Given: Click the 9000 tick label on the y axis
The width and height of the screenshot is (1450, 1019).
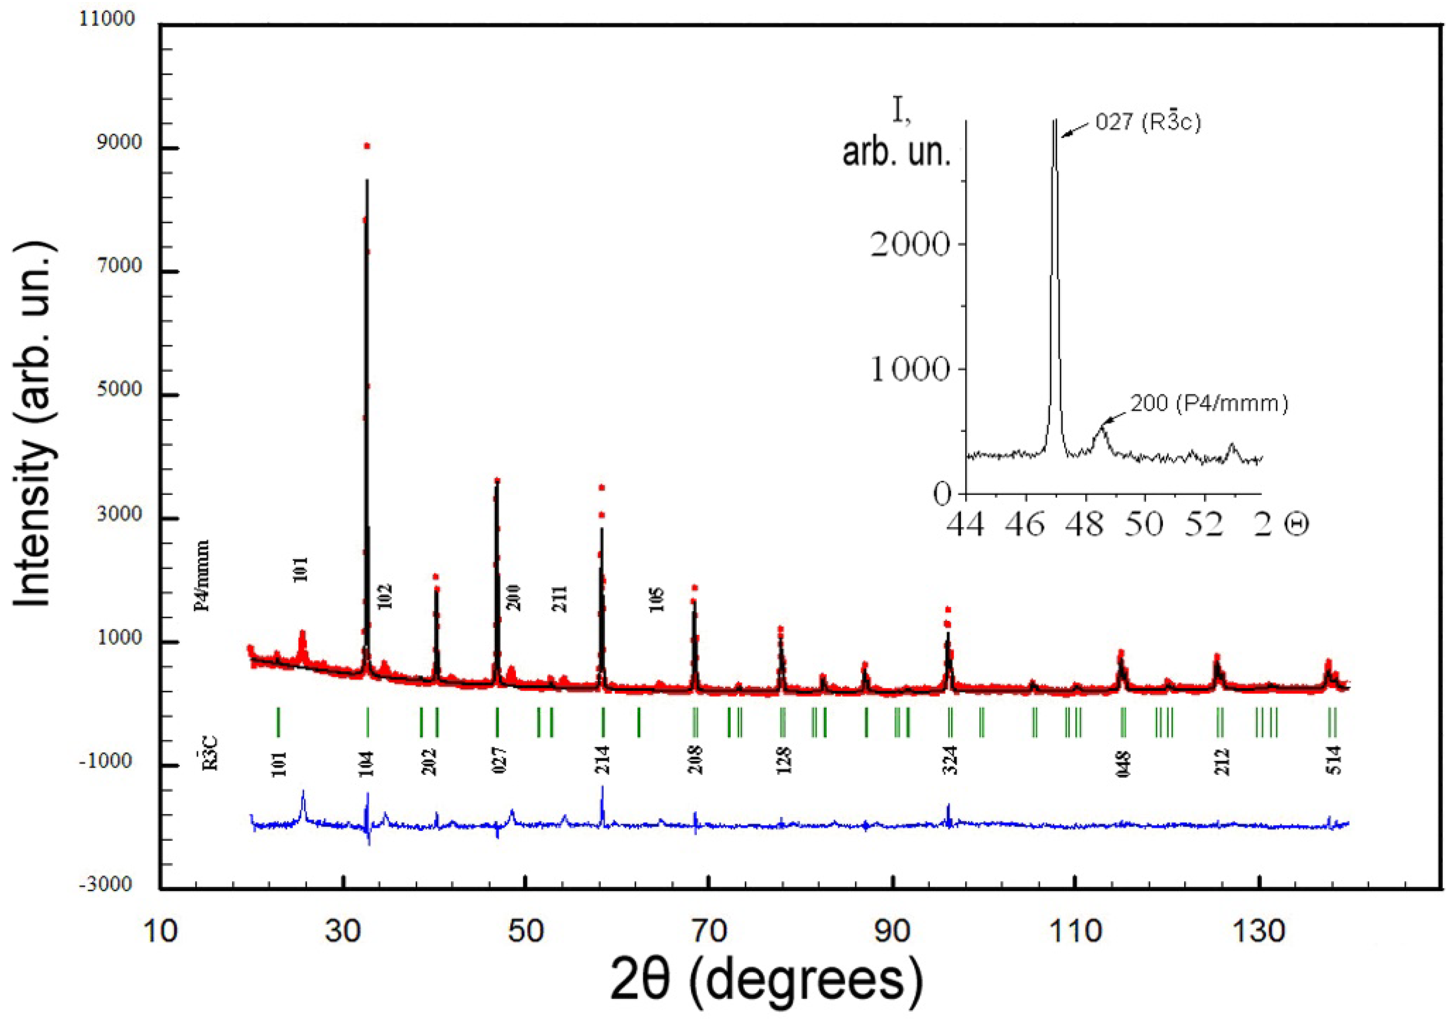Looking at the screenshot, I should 118,143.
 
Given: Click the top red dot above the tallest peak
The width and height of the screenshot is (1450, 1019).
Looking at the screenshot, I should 366,146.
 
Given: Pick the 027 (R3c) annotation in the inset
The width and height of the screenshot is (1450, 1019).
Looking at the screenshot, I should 1147,122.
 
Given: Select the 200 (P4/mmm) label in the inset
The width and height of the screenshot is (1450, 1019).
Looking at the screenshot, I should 1209,403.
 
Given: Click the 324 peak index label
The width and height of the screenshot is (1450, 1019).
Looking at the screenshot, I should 951,760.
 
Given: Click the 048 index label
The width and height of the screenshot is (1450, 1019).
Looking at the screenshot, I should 1124,763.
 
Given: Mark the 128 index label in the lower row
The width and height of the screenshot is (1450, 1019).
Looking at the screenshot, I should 784,760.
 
